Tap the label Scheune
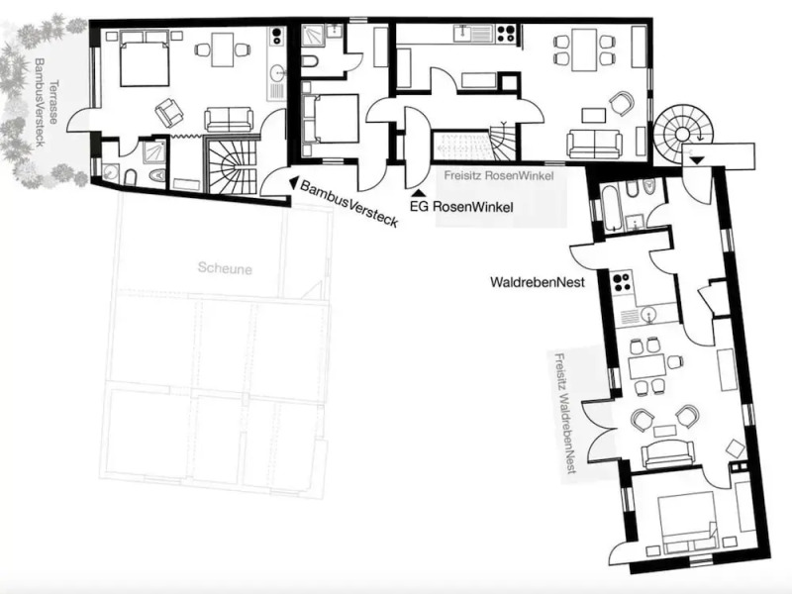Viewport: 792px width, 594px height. coord(224,268)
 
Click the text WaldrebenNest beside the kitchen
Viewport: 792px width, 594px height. coord(536,282)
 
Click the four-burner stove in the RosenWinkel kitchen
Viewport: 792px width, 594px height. coord(506,34)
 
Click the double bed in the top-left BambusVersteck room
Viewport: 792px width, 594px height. coord(145,61)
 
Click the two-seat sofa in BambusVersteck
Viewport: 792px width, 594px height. coord(229,120)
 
